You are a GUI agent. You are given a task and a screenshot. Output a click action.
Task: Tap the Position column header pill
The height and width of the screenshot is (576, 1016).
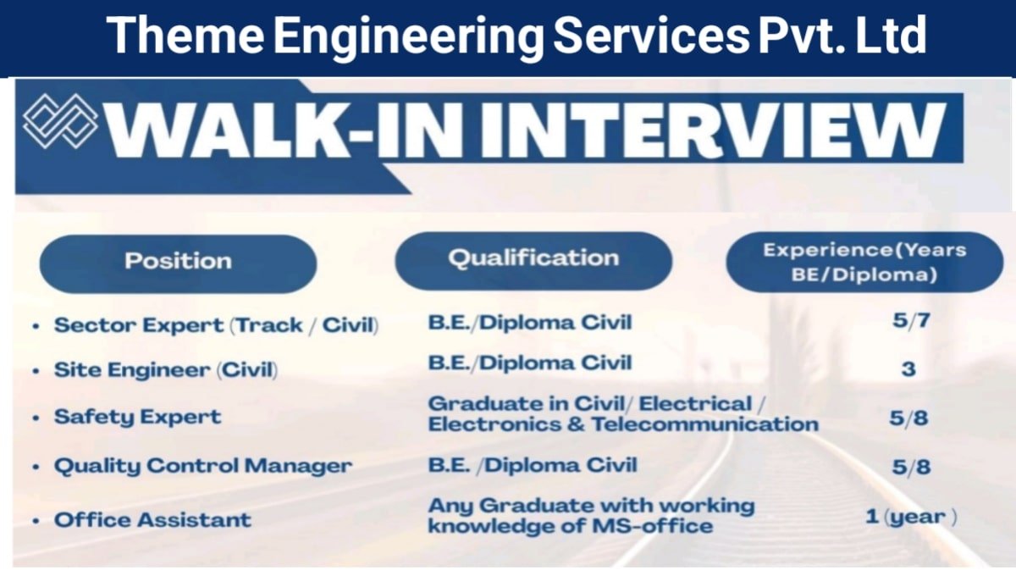pos(178,262)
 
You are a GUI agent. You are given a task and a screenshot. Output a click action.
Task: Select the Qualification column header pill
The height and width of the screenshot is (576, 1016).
pos(533,259)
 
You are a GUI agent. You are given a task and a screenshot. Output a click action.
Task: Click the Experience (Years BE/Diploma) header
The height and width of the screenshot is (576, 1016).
pos(864,262)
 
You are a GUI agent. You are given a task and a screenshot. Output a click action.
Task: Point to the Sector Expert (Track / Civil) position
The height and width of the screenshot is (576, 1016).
pos(216,325)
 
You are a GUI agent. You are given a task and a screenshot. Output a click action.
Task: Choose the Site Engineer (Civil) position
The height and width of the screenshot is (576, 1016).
pos(166,370)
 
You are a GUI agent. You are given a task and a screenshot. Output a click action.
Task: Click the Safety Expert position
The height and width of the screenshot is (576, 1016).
pos(137,417)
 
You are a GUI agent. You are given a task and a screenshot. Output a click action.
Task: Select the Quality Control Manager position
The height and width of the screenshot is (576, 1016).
pos(203,466)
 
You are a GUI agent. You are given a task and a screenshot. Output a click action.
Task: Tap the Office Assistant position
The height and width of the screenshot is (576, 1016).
pos(152,519)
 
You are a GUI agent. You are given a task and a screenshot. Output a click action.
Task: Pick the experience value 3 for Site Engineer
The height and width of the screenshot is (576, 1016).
pos(908,370)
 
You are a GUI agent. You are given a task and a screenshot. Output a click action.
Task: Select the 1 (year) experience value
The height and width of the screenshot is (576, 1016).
pos(911,517)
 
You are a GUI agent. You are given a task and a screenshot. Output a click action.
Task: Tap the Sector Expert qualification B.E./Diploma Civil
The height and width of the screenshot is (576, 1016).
pos(530,322)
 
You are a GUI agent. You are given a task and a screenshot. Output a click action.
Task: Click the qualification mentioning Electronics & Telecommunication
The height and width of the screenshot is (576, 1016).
pos(622,414)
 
